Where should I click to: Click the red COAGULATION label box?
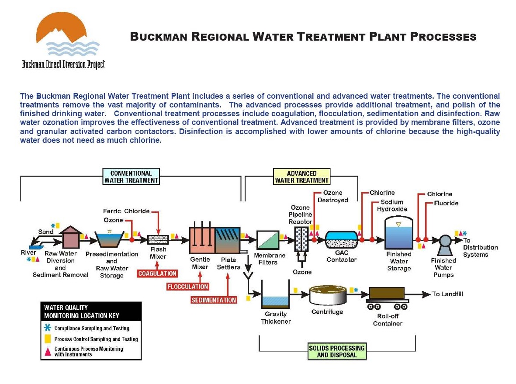tap(157, 274)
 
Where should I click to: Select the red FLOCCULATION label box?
tap(187, 287)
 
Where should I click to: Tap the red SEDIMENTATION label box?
tap(214, 300)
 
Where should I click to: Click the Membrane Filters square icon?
tap(268, 240)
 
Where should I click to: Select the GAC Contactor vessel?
tap(342, 240)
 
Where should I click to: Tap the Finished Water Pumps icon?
tap(445, 241)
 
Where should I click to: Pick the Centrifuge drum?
tap(327, 296)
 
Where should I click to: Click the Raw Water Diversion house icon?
tap(69, 238)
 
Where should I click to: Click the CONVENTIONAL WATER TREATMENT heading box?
tap(131, 177)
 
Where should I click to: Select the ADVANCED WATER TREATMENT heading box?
tap(301, 177)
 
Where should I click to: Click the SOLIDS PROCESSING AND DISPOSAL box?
tap(336, 352)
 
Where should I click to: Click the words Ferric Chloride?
tap(126, 211)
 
